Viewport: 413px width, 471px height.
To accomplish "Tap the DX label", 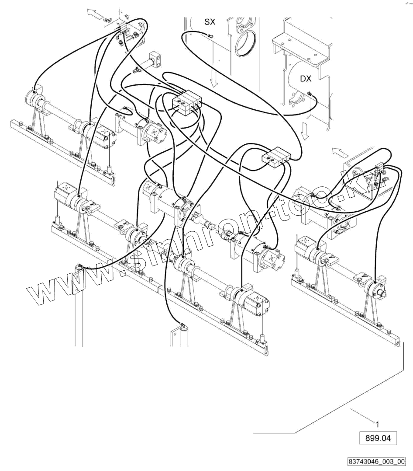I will pyautogui.click(x=305, y=78).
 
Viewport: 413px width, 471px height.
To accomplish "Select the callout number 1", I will pyautogui.click(x=378, y=424).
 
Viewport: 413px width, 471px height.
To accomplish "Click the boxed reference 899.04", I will pyautogui.click(x=378, y=438).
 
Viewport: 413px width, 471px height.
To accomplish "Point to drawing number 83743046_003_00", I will pyautogui.click(x=377, y=462).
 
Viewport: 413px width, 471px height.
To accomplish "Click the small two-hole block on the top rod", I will pyautogui.click(x=155, y=57).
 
